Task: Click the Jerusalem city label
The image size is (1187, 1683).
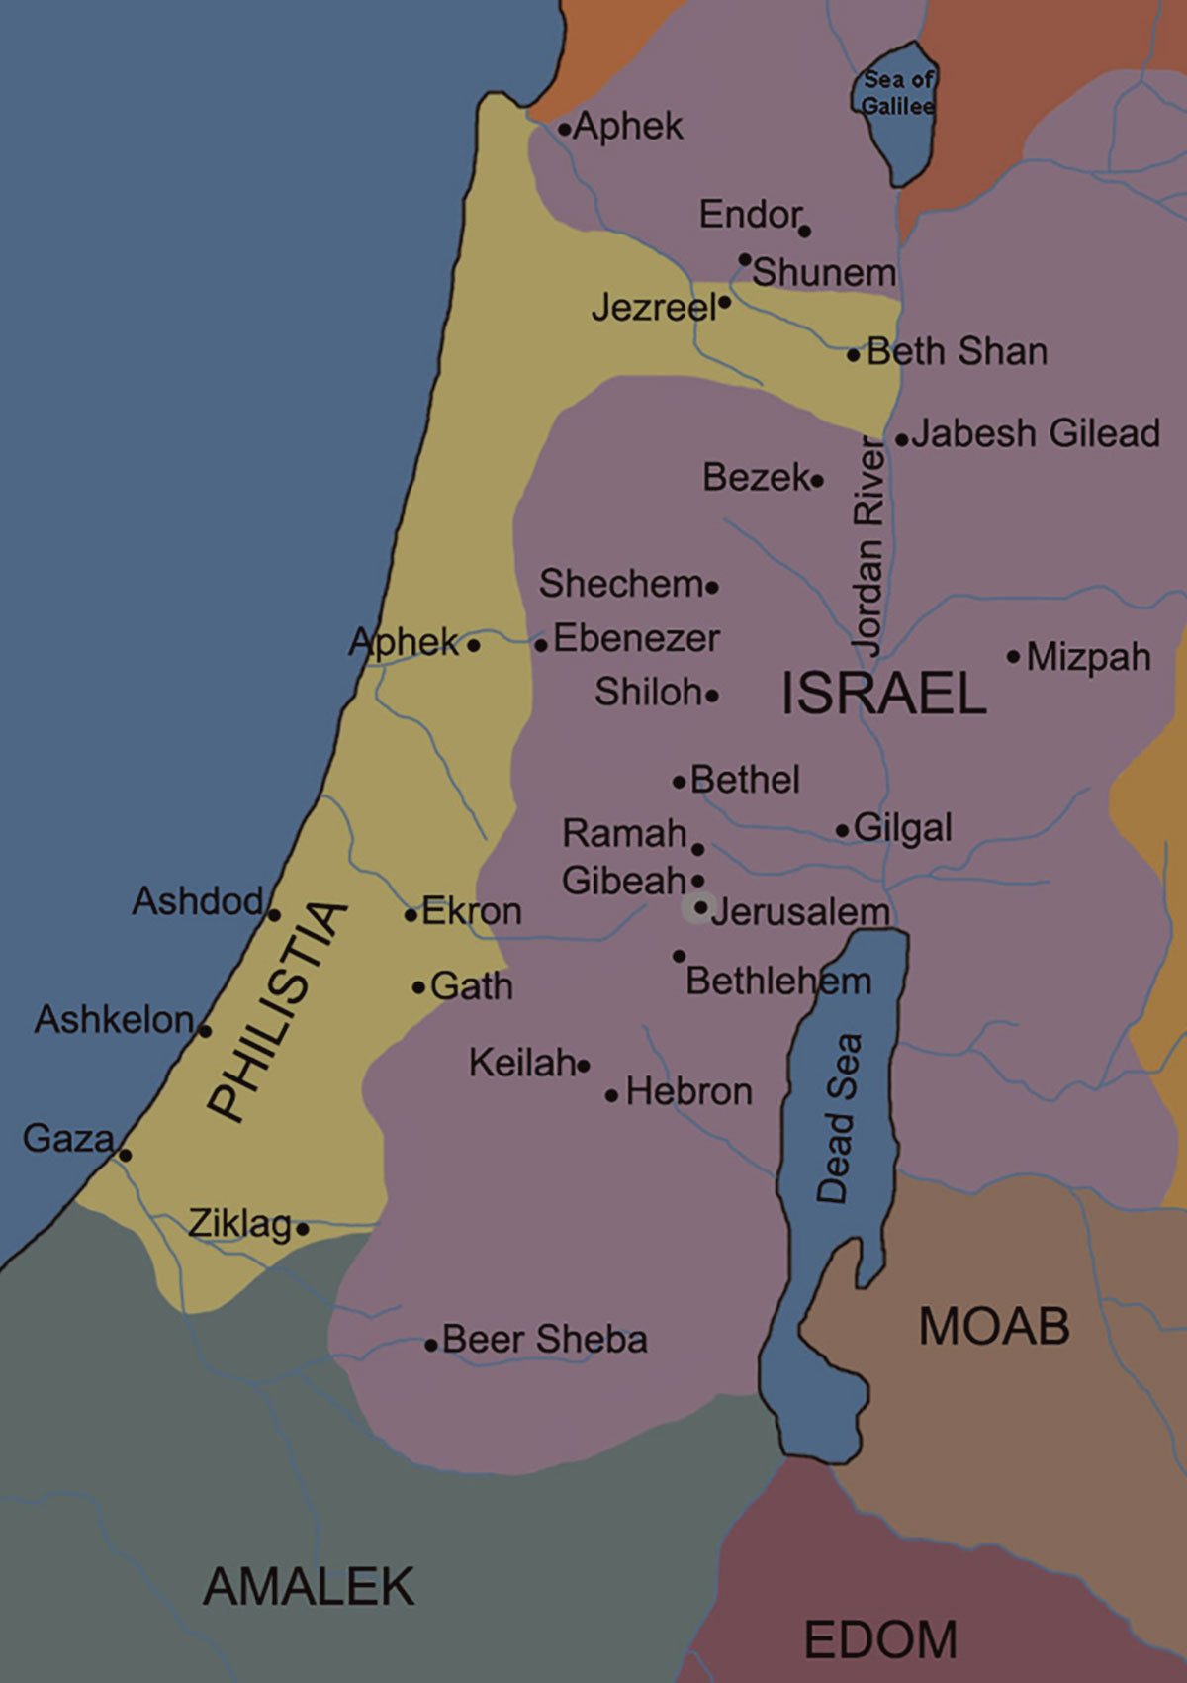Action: click(x=799, y=911)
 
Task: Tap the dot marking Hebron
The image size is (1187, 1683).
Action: click(x=611, y=1095)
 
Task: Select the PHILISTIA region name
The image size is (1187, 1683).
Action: click(x=278, y=1011)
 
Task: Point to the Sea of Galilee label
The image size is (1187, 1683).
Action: click(x=897, y=92)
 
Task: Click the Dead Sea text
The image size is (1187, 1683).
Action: click(x=839, y=1118)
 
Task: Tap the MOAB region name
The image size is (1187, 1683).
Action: click(x=994, y=1326)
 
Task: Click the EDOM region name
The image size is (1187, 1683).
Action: click(x=880, y=1639)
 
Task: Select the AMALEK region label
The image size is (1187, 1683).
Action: click(x=309, y=1586)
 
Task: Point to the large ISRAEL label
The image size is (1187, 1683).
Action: click(x=883, y=693)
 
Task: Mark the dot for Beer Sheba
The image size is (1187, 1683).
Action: click(x=431, y=1345)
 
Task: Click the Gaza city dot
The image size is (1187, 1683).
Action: click(x=125, y=1155)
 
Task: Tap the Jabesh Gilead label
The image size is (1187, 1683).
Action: click(x=1036, y=433)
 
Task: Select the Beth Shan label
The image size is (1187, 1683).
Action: click(x=957, y=352)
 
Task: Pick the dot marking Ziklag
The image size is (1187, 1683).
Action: click(x=303, y=1230)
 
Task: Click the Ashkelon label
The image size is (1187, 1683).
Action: click(x=114, y=1019)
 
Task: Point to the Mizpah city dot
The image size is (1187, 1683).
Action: click(x=1013, y=656)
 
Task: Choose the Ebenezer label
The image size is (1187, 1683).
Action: click(x=636, y=638)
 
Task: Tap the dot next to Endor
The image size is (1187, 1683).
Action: click(x=804, y=232)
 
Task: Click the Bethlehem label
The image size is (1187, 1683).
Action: click(x=778, y=982)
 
